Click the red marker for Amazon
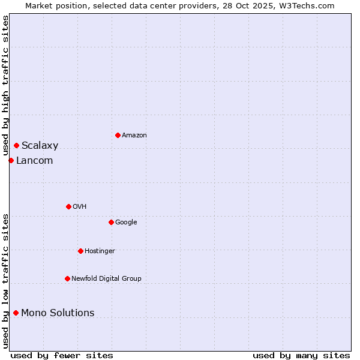pyautogui.click(x=118, y=135)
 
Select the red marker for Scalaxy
pyautogui.click(x=16, y=145)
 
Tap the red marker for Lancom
pyautogui.click(x=11, y=160)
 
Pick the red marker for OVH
pyautogui.click(x=68, y=206)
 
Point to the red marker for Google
pyautogui.click(x=111, y=222)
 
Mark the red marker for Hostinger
pyautogui.click(x=80, y=251)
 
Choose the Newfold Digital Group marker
pyautogui.click(x=67, y=278)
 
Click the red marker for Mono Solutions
pyautogui.click(x=16, y=313)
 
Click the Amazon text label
pyautogui.click(x=134, y=136)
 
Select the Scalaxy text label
pyautogui.click(x=40, y=145)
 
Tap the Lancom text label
pyautogui.click(x=34, y=160)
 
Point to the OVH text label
pyautogui.click(x=79, y=207)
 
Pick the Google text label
pyautogui.click(x=126, y=223)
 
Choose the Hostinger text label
pyautogui.click(x=100, y=251)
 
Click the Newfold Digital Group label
pyautogui.click(x=106, y=278)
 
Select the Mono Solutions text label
pyautogui.click(x=58, y=313)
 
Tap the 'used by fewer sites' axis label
pyautogui.click(x=62, y=355)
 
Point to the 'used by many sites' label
pyautogui.click(x=301, y=355)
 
